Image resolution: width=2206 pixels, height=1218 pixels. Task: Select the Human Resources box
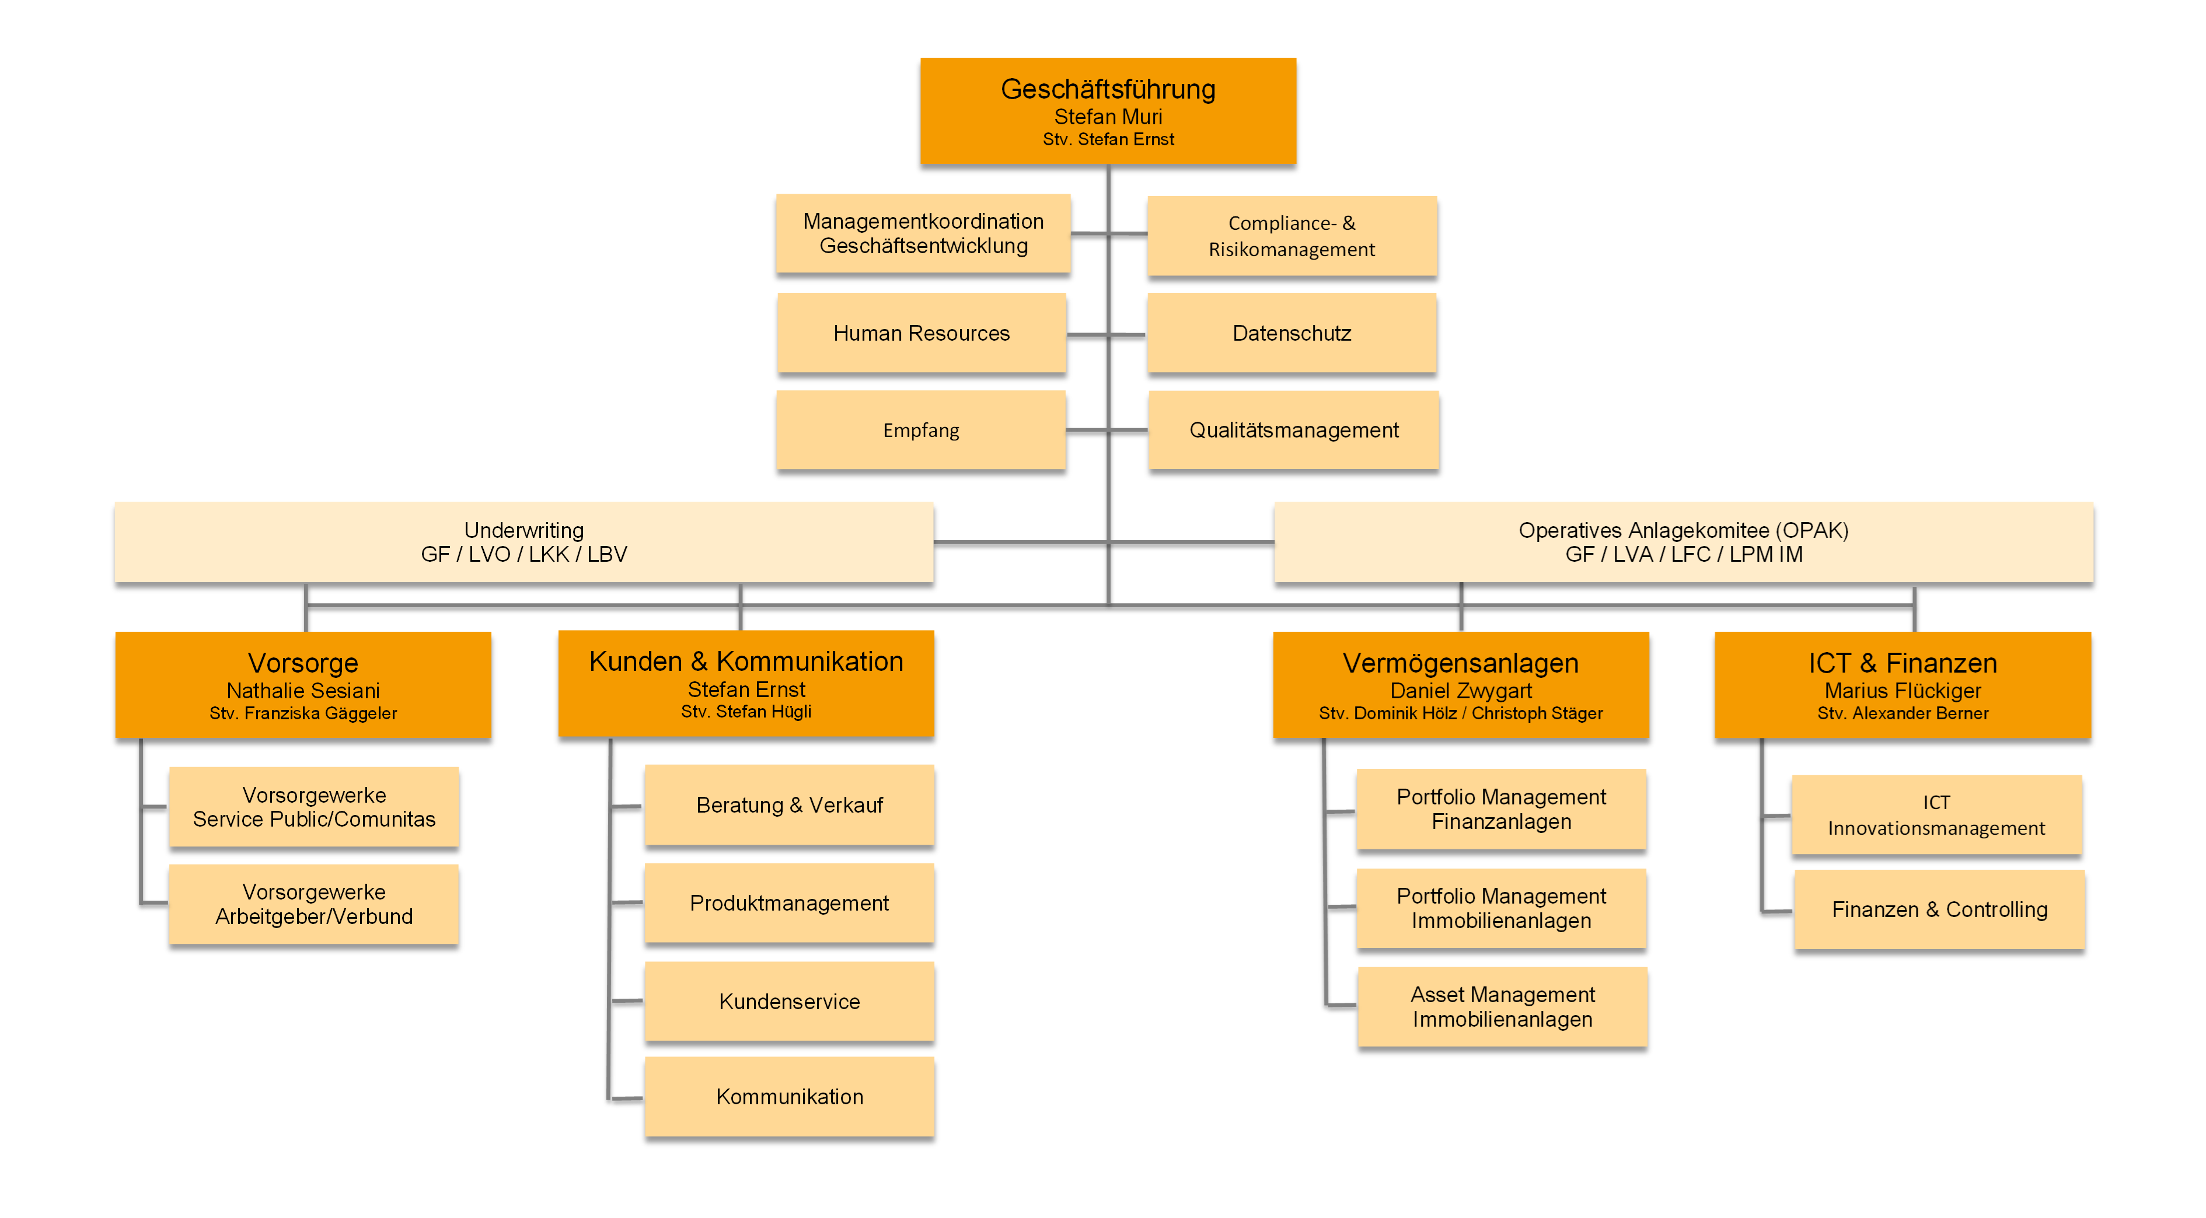click(922, 333)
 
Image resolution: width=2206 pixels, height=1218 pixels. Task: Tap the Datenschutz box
click(1292, 333)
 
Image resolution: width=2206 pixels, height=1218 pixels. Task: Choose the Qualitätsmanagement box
click(1293, 430)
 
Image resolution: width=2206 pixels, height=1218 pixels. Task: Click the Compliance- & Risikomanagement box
click(1292, 236)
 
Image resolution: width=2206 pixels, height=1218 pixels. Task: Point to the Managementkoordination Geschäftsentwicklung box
click(923, 234)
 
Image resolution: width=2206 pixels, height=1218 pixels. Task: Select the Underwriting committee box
click(523, 542)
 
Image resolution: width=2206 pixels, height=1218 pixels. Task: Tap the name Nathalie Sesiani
click(303, 691)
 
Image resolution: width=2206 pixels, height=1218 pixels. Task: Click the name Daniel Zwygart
click(1460, 691)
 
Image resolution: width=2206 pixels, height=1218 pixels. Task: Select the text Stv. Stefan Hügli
click(746, 711)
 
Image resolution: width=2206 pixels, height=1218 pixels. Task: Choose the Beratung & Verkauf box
click(788, 804)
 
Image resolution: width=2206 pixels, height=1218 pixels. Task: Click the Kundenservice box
click(788, 1000)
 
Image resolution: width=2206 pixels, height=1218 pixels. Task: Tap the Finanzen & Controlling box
click(1939, 909)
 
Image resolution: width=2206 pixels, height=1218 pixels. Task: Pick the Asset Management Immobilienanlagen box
click(1502, 1007)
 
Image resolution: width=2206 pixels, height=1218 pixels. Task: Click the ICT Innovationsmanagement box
click(1936, 815)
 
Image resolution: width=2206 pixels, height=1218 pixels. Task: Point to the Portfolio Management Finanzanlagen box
click(1501, 809)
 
